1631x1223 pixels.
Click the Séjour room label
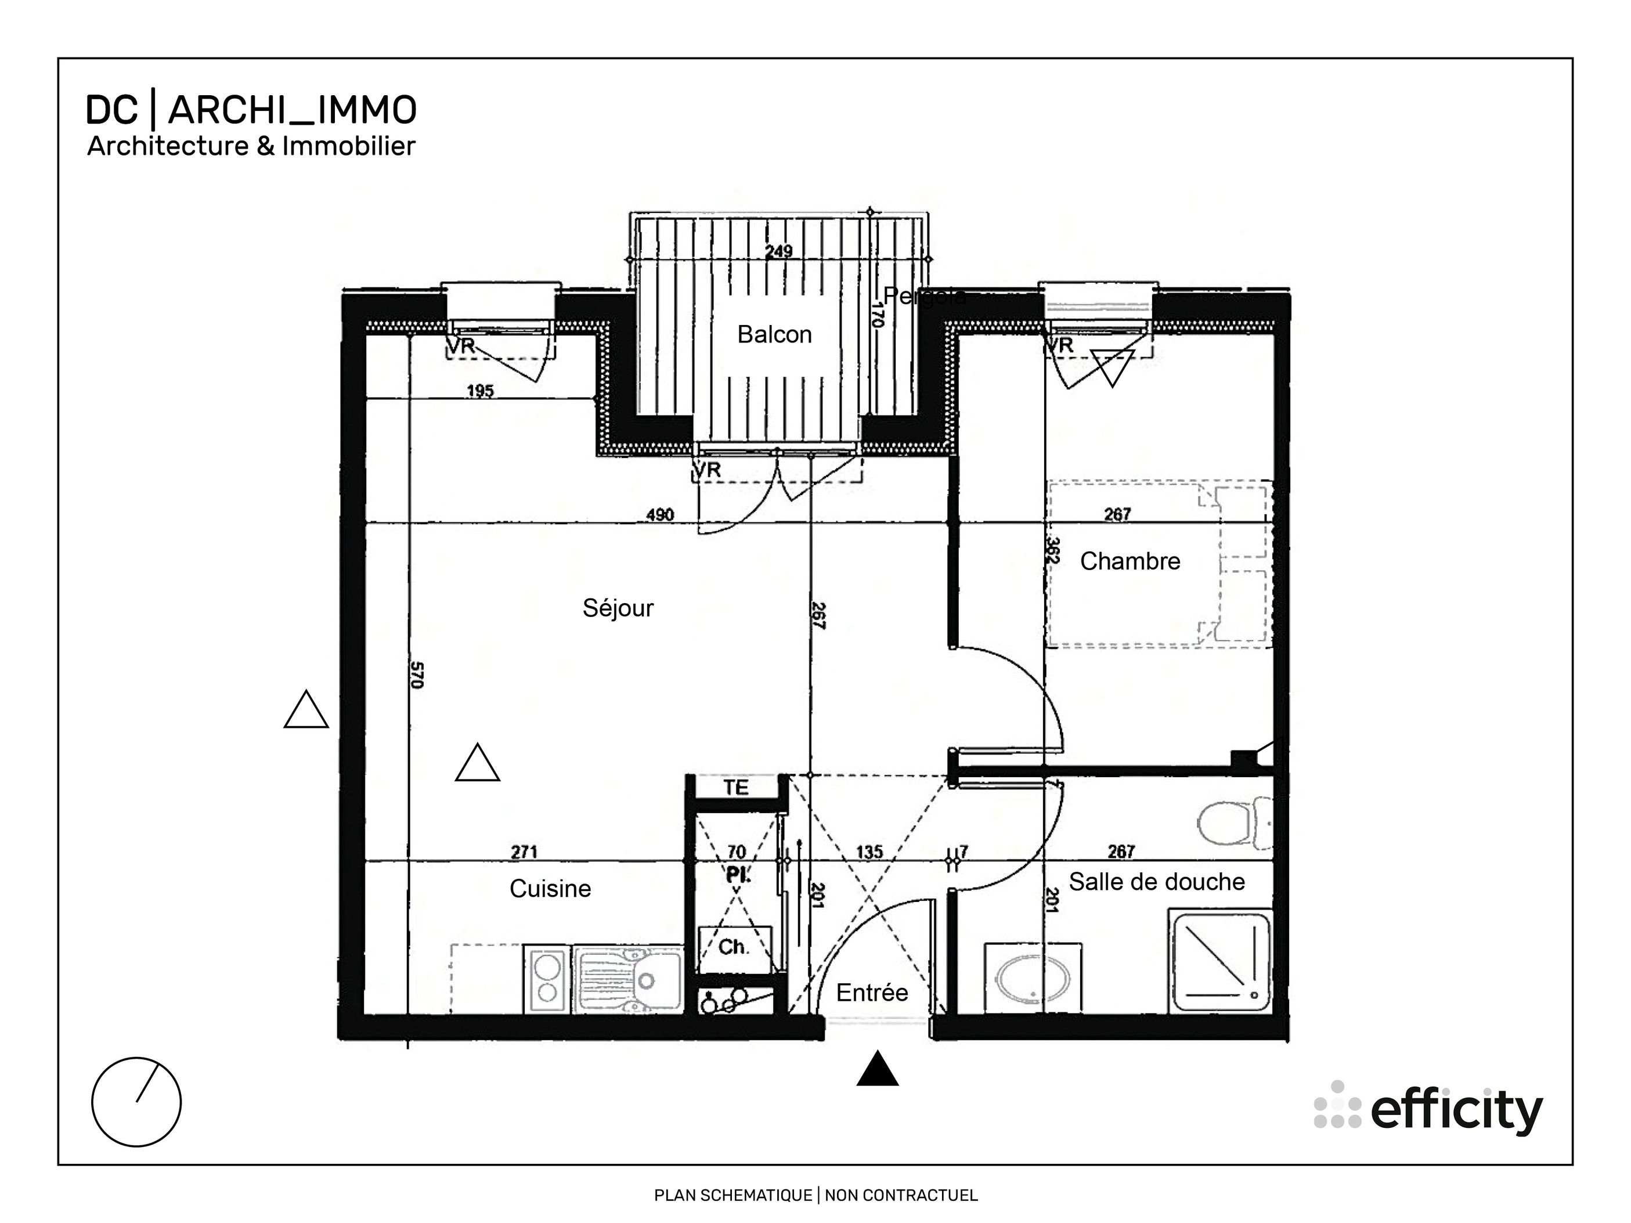point(618,608)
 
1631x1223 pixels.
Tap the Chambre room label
point(1130,562)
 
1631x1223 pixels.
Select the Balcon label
point(774,335)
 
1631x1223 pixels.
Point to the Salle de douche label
point(1156,882)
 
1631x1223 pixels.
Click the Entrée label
point(872,993)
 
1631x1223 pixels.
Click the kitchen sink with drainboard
point(627,980)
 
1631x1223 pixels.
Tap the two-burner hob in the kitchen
point(547,980)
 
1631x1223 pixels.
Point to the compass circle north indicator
point(136,1102)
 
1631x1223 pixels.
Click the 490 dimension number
point(660,514)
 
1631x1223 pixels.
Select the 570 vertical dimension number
point(417,675)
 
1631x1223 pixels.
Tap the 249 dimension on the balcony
point(778,251)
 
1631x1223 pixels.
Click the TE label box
point(736,788)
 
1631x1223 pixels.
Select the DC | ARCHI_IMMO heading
point(251,111)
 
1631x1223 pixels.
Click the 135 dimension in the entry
point(869,852)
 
